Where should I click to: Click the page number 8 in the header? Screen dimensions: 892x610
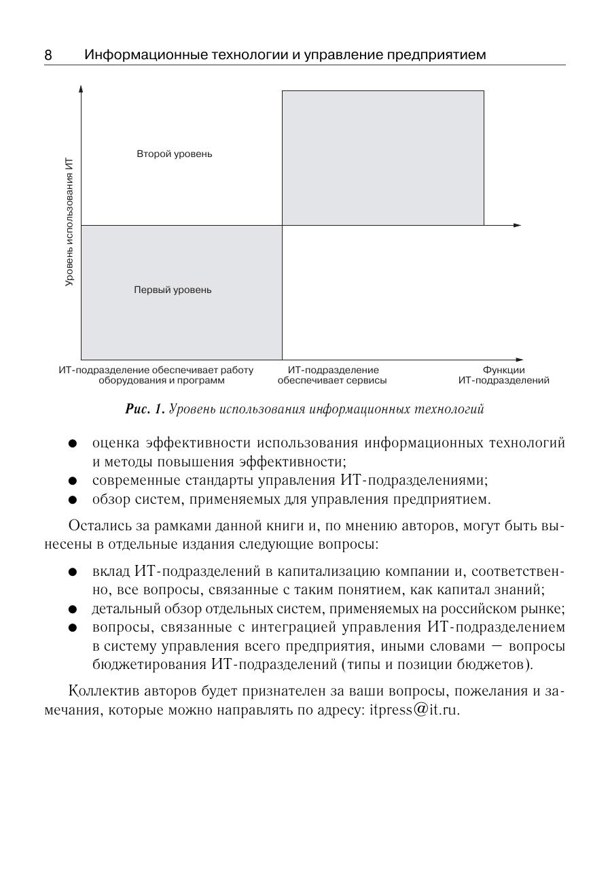[x=48, y=55]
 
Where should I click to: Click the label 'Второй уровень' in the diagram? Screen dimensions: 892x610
[x=175, y=154]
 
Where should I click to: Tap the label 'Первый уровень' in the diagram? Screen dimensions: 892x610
[x=173, y=290]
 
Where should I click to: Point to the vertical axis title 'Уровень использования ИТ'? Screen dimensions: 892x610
[x=69, y=222]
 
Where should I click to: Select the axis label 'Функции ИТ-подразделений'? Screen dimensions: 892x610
[x=503, y=375]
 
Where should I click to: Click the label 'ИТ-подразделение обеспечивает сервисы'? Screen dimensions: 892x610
[x=332, y=375]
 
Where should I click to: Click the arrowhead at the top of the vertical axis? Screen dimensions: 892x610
[x=81, y=88]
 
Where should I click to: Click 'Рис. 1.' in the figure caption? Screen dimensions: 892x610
[x=145, y=409]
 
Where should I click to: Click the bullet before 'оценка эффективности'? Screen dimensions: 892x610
[x=72, y=444]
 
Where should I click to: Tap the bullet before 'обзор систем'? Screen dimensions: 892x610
[x=72, y=500]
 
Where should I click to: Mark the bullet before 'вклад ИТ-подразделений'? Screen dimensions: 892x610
[x=72, y=572]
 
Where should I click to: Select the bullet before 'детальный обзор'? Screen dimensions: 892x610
[x=72, y=608]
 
